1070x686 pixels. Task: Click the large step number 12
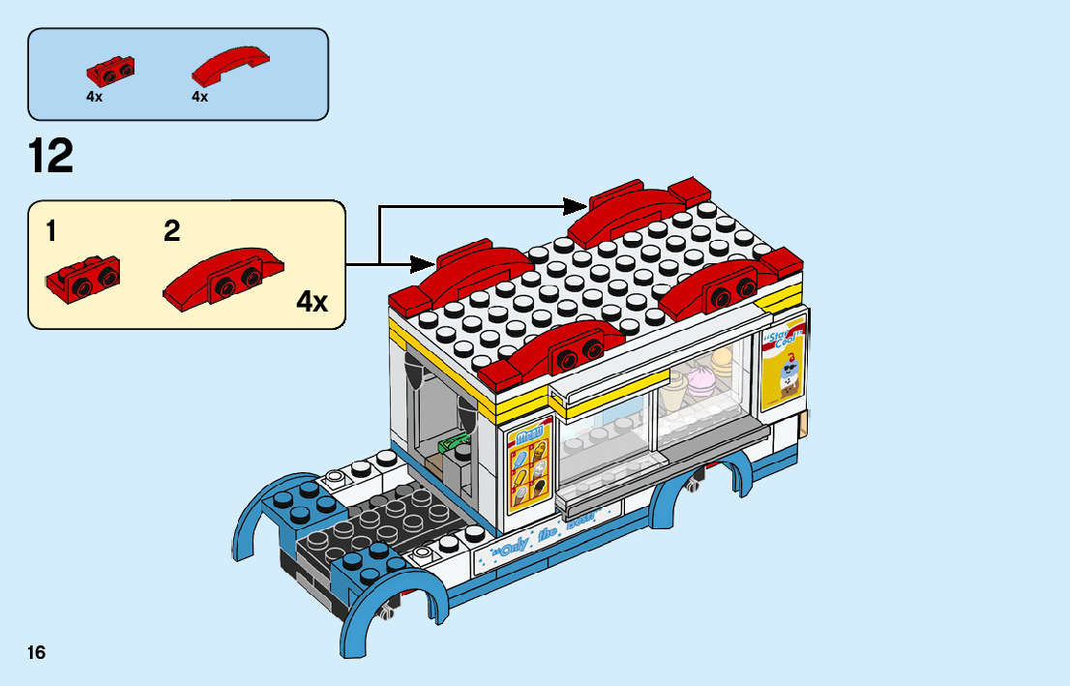[x=51, y=157]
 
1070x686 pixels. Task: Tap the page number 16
[x=37, y=652]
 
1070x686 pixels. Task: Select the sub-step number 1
[x=51, y=231]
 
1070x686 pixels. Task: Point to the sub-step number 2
[x=172, y=231]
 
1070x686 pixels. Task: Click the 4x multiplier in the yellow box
[x=312, y=302]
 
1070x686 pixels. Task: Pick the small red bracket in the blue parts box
[x=110, y=70]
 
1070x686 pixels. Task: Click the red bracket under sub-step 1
[x=82, y=278]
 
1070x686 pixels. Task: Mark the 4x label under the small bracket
[x=94, y=97]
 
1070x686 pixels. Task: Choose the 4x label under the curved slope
[x=200, y=97]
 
